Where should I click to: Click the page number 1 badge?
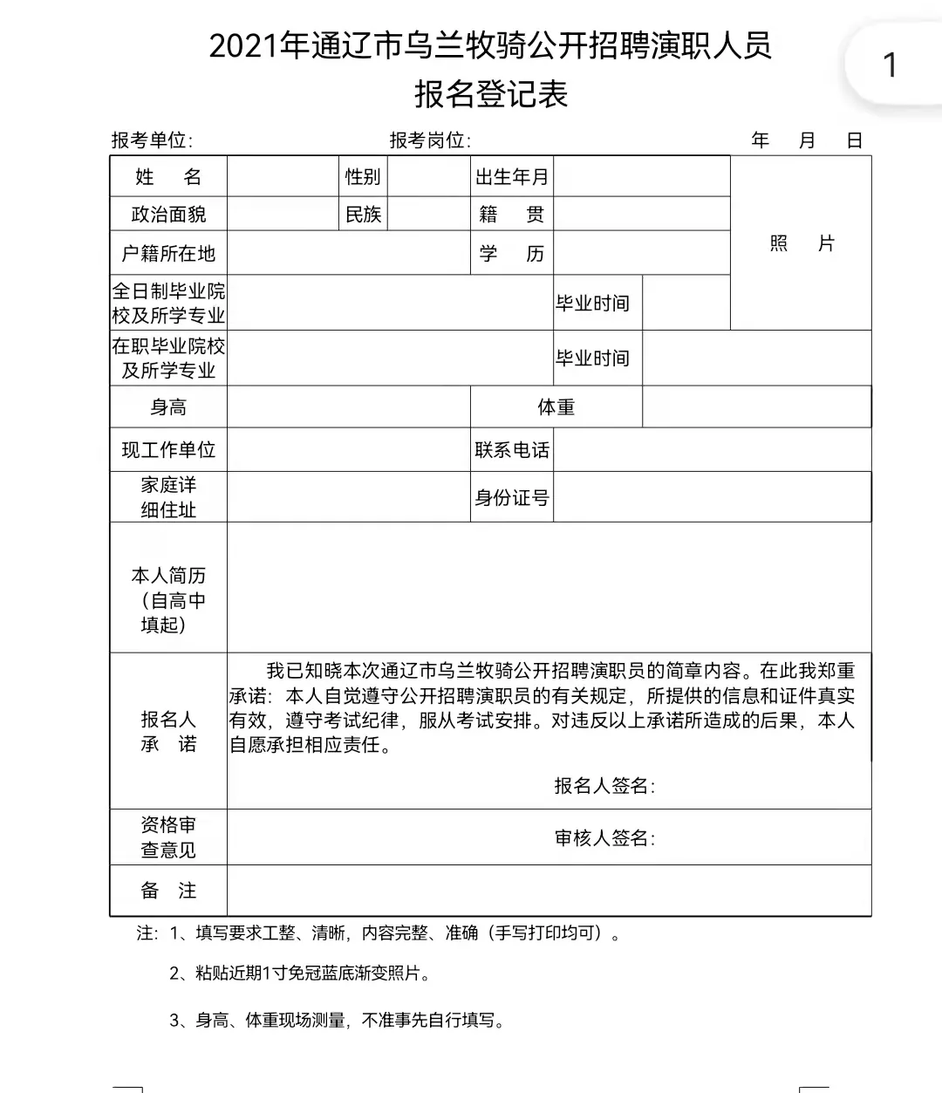tap(890, 65)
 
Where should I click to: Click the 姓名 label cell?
tap(168, 177)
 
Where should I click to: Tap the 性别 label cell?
tap(363, 177)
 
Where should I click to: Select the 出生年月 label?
tap(512, 177)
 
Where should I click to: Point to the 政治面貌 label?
tap(168, 215)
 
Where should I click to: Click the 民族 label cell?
tap(363, 215)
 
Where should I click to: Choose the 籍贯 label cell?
tap(512, 215)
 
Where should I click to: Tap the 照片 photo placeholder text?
tap(802, 243)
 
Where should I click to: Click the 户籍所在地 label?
tap(168, 254)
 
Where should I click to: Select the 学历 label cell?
tap(512, 254)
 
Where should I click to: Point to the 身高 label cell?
tap(168, 407)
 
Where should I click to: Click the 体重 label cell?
tap(556, 407)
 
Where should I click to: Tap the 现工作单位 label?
tap(168, 450)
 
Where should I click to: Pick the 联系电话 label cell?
tap(512, 450)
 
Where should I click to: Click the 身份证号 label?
tap(512, 498)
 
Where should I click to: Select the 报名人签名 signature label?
tap(604, 786)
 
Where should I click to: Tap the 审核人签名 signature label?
tap(604, 838)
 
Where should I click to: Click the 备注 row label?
tap(168, 891)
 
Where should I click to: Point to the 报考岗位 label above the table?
tap(430, 140)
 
